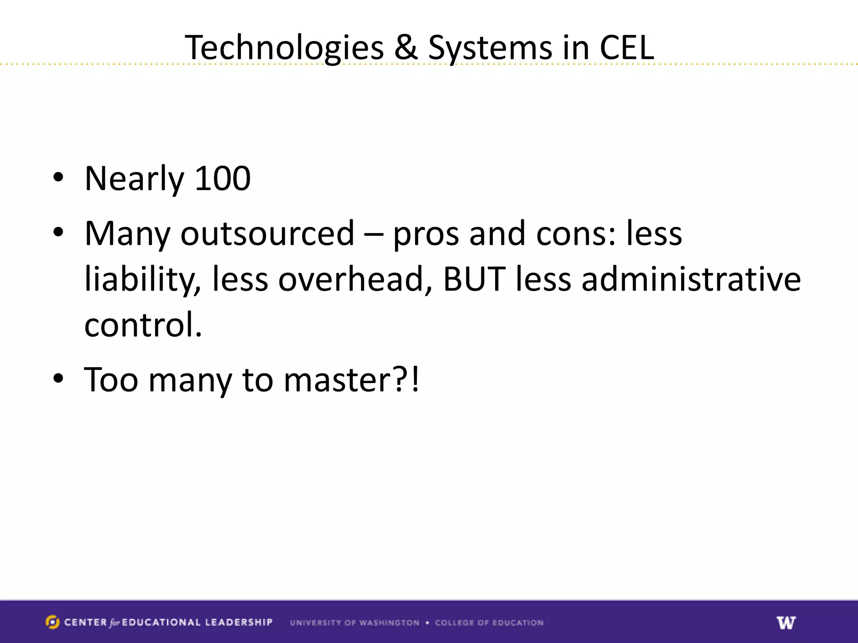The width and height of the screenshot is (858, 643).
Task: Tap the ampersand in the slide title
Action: [406, 47]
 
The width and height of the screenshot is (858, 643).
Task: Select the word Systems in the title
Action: [490, 48]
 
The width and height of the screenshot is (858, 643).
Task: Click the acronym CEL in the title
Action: [627, 47]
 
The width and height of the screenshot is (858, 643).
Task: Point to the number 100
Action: [223, 179]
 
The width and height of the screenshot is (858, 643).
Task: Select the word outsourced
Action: [267, 234]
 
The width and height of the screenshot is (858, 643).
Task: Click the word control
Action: [143, 325]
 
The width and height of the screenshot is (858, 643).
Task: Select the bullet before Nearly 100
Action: [58, 177]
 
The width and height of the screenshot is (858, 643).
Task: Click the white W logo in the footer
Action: [786, 622]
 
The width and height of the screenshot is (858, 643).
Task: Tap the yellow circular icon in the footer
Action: [52, 622]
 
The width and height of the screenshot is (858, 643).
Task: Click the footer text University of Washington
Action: [354, 623]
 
